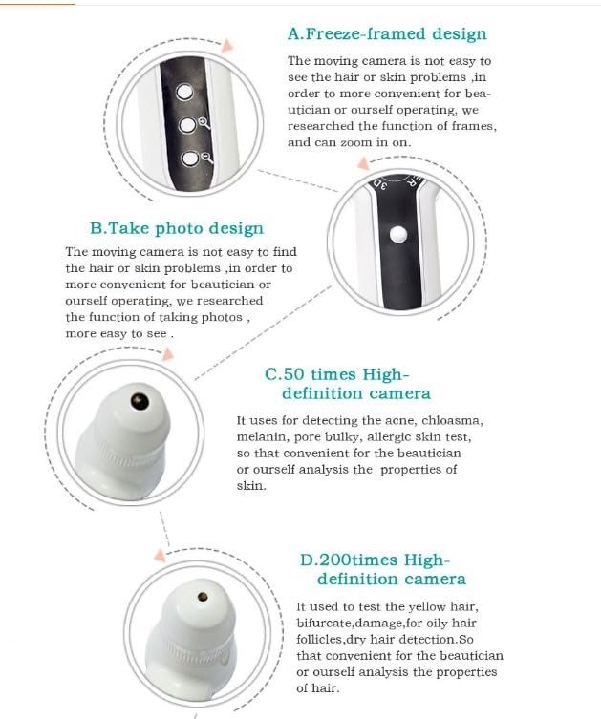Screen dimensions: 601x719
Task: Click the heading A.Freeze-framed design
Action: click(387, 34)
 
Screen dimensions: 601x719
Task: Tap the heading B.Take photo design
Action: click(177, 228)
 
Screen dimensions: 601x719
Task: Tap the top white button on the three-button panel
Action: click(184, 92)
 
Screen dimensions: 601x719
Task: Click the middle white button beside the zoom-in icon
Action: click(186, 125)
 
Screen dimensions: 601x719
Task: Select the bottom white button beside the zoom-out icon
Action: click(190, 159)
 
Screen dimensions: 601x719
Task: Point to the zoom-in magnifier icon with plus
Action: click(204, 123)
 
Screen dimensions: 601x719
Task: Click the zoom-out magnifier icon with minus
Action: click(207, 158)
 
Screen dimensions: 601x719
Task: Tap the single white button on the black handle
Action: click(398, 234)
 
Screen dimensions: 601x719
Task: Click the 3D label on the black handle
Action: click(380, 184)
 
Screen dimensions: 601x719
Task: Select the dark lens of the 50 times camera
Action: click(140, 402)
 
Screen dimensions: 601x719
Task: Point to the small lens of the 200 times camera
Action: click(203, 597)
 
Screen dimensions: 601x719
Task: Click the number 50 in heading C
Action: click(294, 374)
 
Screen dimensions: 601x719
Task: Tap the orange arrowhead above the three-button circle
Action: click(227, 46)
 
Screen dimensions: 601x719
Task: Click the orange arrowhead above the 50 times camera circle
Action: click(168, 354)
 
